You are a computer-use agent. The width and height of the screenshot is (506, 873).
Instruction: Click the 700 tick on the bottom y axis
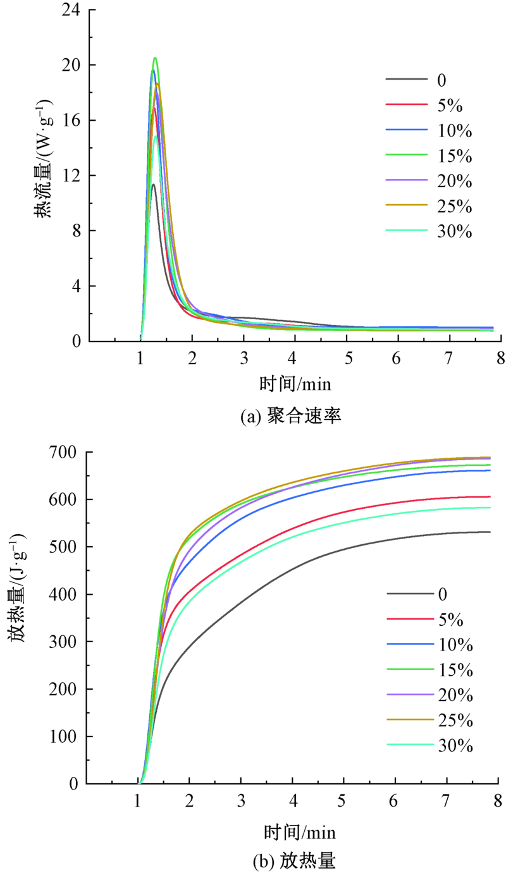[x=65, y=452]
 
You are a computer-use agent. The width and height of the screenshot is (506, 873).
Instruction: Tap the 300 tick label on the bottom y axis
[x=65, y=642]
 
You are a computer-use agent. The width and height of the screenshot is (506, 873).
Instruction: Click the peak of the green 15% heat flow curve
[x=155, y=58]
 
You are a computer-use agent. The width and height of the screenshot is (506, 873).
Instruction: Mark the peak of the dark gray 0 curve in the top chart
[x=153, y=184]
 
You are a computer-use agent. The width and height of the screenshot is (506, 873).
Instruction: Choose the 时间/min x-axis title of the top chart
[x=295, y=383]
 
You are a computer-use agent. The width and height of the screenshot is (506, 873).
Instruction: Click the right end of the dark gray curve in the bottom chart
[x=490, y=532]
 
